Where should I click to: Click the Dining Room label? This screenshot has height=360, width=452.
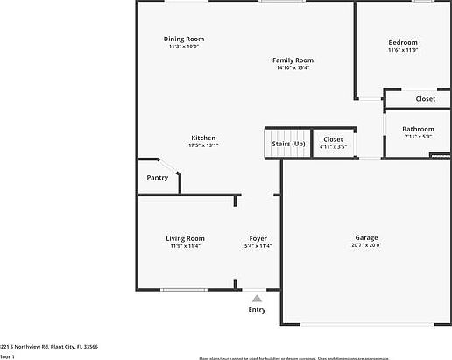tap(184, 39)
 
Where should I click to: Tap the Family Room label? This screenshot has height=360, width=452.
tap(293, 60)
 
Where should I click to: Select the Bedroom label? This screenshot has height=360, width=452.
tap(403, 42)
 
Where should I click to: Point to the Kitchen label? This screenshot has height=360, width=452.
tap(203, 138)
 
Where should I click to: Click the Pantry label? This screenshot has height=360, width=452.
tap(158, 178)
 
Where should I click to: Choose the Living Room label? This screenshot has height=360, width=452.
tap(185, 238)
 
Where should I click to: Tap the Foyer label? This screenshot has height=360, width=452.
tap(258, 238)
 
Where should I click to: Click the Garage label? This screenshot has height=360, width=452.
tap(366, 237)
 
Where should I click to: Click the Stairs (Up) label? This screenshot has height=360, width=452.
tap(288, 143)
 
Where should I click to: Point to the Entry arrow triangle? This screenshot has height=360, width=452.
tap(257, 299)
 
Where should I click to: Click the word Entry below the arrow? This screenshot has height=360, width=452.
tap(257, 309)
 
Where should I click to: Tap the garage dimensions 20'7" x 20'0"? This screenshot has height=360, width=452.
tap(366, 245)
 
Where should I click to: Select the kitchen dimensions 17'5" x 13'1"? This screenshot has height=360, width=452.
tap(203, 145)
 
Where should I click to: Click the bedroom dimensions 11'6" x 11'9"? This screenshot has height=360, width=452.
tap(403, 50)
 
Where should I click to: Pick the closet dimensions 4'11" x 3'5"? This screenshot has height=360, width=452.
tap(333, 147)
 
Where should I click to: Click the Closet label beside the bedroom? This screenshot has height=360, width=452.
tap(425, 99)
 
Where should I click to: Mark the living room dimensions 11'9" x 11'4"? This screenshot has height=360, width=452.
tap(185, 246)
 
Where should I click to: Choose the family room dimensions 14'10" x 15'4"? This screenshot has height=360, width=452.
tap(293, 67)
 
